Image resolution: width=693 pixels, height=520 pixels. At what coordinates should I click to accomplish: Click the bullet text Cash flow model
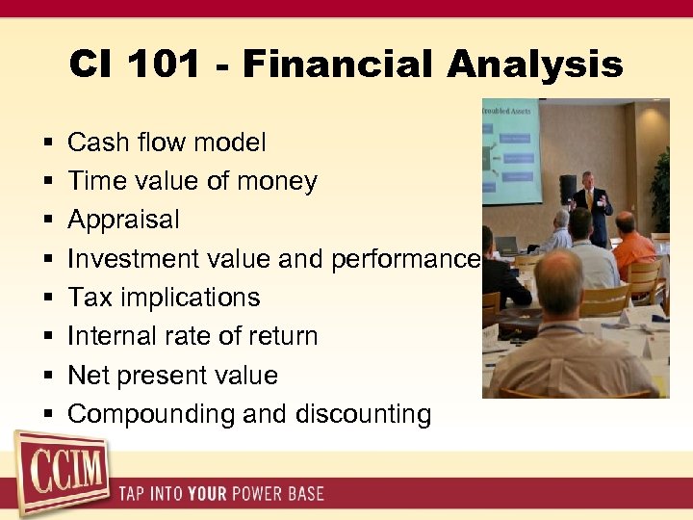coord(167,143)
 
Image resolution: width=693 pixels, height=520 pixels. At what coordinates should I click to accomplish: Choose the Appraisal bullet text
coord(123,220)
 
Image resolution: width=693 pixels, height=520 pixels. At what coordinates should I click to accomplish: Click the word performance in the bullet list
coord(404,259)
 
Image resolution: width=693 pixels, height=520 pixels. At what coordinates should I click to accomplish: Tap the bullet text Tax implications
coord(164,298)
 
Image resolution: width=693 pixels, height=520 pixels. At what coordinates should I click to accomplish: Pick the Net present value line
coord(172,375)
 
